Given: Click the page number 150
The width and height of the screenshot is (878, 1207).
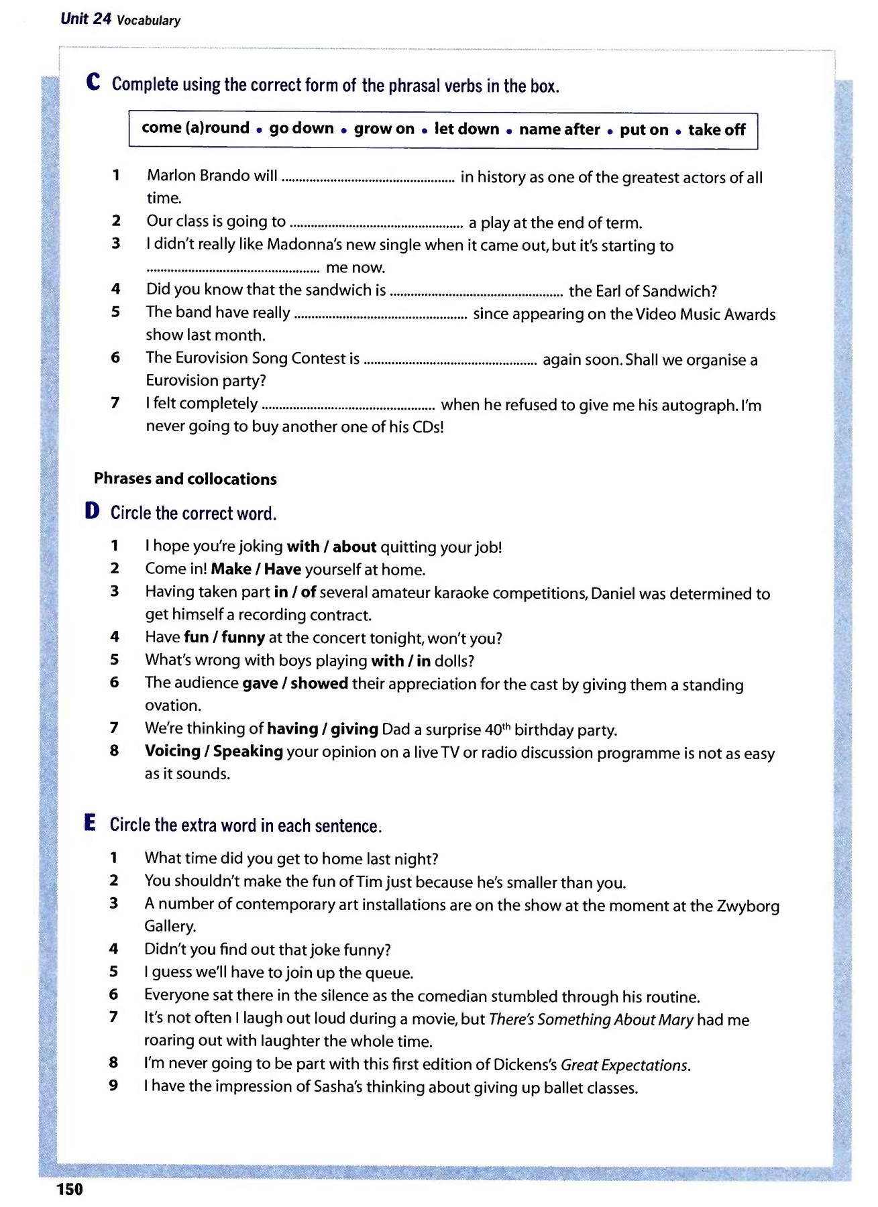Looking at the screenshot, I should (x=70, y=1189).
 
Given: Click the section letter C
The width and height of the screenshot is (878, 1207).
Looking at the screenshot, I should (x=93, y=82).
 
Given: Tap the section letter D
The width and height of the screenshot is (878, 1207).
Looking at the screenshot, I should (x=92, y=511).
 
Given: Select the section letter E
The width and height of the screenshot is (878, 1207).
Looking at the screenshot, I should (x=90, y=823).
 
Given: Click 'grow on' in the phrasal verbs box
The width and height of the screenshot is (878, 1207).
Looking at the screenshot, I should (x=384, y=129).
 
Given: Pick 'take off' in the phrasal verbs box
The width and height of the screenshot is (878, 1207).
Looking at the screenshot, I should (x=716, y=130).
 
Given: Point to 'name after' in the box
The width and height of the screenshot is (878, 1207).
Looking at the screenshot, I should (x=559, y=129).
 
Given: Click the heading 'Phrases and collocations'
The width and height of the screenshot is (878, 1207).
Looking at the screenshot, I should (x=185, y=479).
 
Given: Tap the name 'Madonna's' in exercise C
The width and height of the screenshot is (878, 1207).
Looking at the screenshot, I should (x=297, y=245).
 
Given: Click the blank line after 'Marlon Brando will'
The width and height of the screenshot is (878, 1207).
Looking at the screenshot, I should (x=368, y=178).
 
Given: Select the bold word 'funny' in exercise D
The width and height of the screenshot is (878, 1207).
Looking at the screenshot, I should (x=243, y=637).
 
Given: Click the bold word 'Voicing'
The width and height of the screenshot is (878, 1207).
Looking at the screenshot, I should (x=172, y=751).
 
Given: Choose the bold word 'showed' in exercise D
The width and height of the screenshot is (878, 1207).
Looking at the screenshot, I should (x=319, y=683).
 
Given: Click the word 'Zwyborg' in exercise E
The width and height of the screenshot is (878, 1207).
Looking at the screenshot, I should (x=748, y=906).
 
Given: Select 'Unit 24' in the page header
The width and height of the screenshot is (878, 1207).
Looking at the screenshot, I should (x=85, y=19).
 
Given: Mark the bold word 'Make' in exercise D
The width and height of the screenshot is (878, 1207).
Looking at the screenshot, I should (x=231, y=569).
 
